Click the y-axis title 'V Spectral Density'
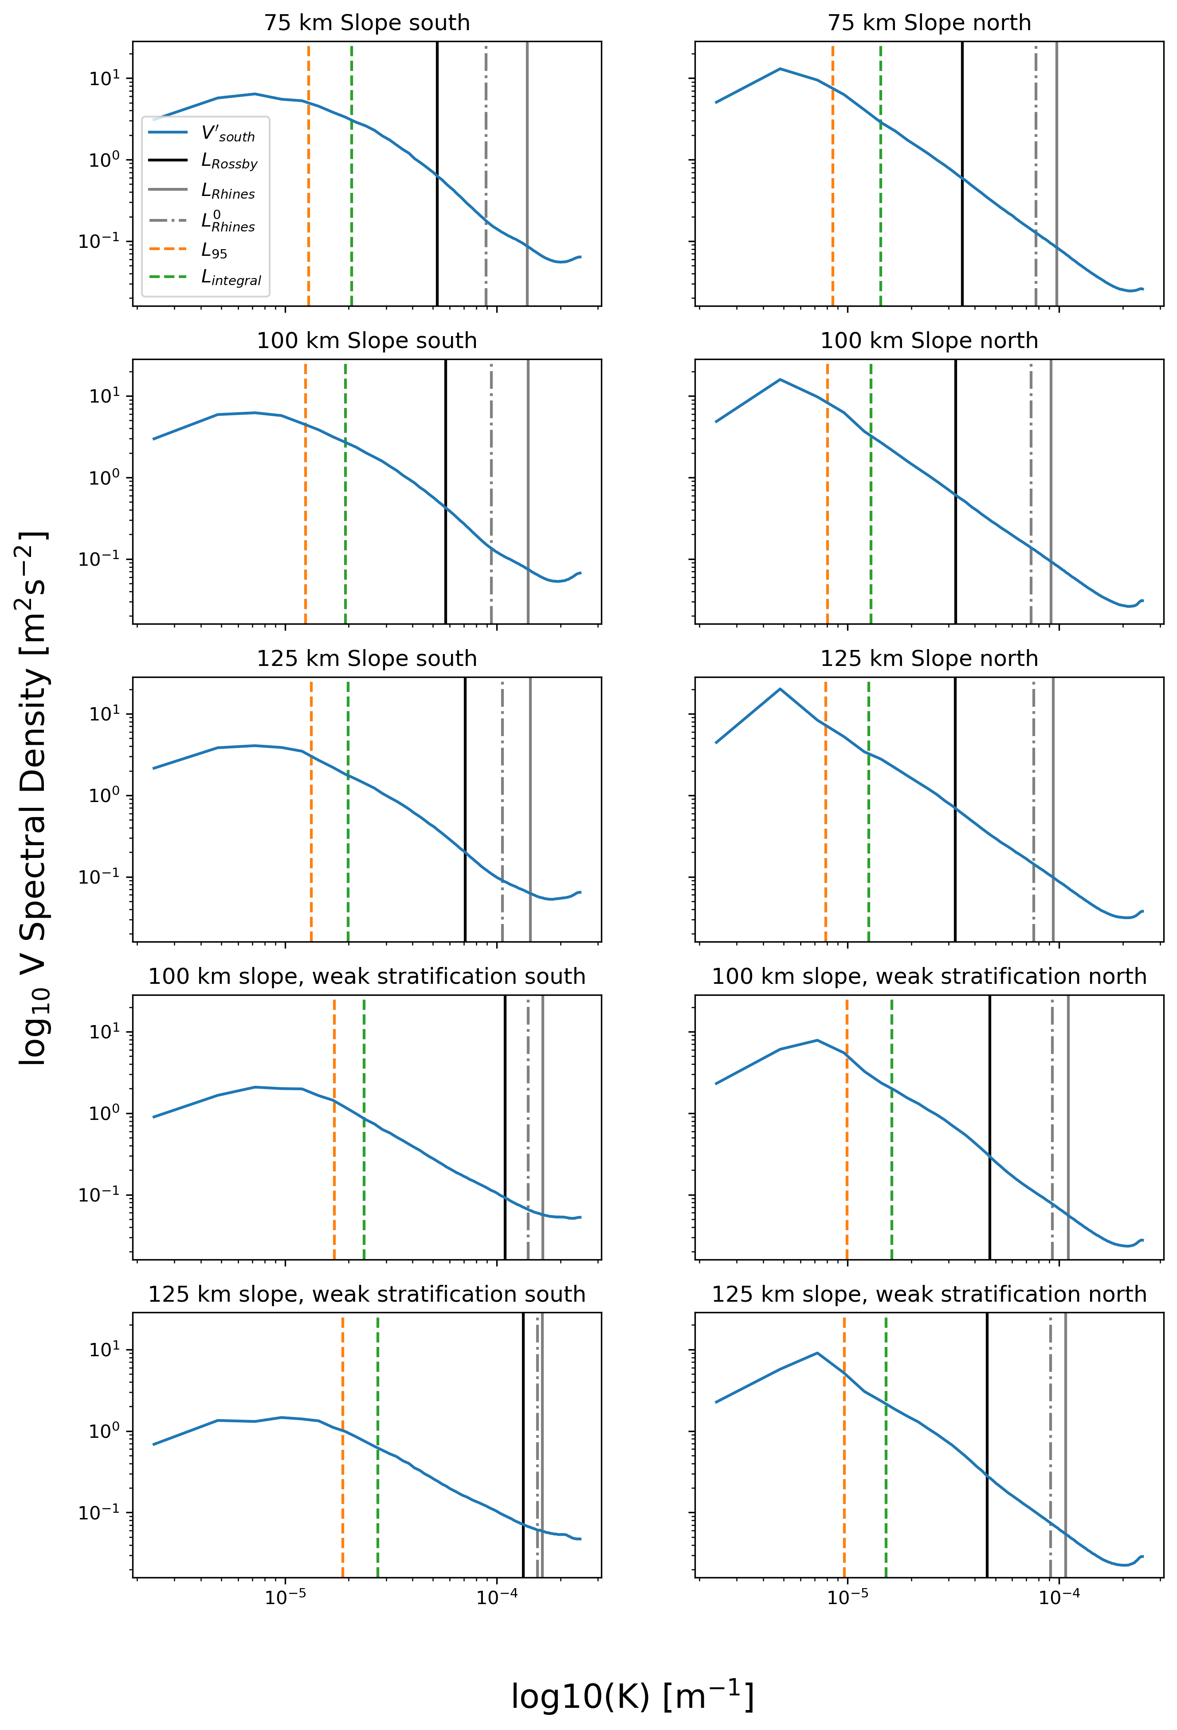[x=34, y=797]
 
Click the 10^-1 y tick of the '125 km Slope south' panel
[x=98, y=877]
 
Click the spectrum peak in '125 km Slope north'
[x=780, y=689]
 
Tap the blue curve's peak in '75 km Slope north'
[x=780, y=69]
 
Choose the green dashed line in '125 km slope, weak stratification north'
[x=886, y=1481]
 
